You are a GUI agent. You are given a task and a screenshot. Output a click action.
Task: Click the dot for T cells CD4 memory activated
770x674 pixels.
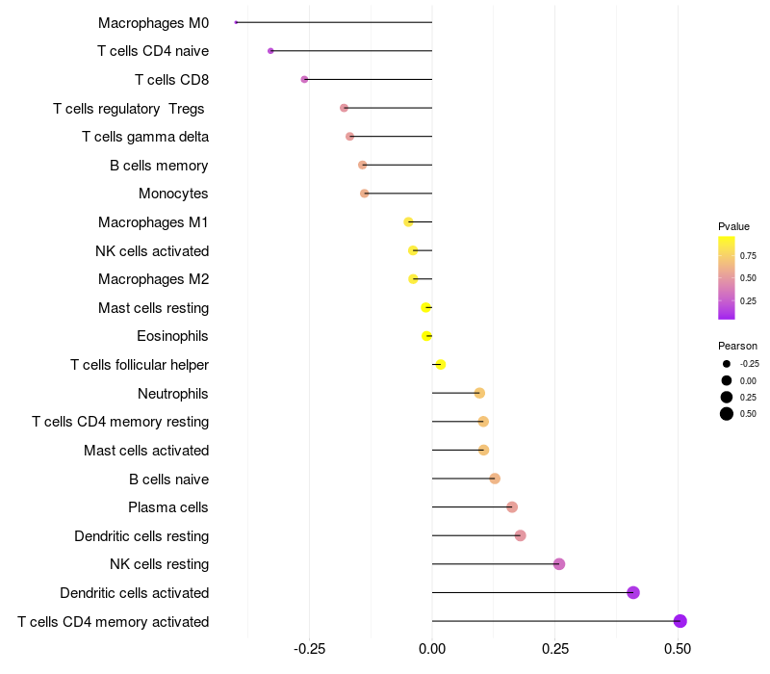pos(680,621)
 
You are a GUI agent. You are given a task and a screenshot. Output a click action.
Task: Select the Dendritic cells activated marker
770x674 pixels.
pos(633,592)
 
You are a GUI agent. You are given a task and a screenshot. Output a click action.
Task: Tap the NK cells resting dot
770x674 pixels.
pos(559,564)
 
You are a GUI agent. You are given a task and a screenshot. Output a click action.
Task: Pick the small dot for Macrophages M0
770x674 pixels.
pos(236,22)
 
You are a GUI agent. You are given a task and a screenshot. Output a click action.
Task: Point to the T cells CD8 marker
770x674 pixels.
pos(304,79)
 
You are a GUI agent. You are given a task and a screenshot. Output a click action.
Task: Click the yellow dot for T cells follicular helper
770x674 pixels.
pos(441,364)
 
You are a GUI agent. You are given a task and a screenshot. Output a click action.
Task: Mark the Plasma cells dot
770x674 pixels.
pos(512,507)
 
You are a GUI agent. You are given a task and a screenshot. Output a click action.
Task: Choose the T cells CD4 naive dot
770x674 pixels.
pos(270,50)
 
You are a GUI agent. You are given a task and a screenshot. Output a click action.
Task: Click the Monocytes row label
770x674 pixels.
pos(173,194)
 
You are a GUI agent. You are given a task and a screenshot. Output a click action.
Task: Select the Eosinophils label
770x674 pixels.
pos(173,336)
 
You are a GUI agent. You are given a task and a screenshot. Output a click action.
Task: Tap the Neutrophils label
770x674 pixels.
pos(173,393)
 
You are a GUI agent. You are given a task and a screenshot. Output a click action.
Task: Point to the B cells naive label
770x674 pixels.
pos(168,479)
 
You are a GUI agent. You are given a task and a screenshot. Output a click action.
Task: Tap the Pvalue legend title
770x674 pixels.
pos(733,226)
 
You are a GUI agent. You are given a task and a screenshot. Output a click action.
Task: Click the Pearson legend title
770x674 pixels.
pos(737,346)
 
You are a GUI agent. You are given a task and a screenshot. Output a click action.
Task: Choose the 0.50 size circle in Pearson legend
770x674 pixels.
pos(727,414)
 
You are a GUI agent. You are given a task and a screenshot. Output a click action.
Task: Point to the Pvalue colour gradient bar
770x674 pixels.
pos(727,277)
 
